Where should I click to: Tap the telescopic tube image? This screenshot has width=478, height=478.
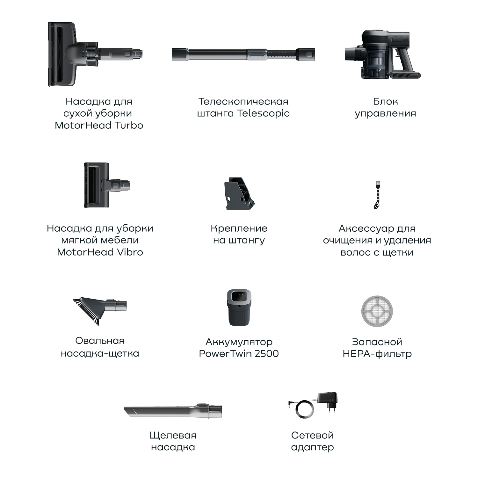point(243,54)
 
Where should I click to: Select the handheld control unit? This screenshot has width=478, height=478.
point(382,54)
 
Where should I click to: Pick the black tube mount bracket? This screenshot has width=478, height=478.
point(239,194)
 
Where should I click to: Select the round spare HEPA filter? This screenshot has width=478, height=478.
point(377,311)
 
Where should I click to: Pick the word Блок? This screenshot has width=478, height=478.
point(386,101)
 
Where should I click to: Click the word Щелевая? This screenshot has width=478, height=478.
point(173,436)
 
